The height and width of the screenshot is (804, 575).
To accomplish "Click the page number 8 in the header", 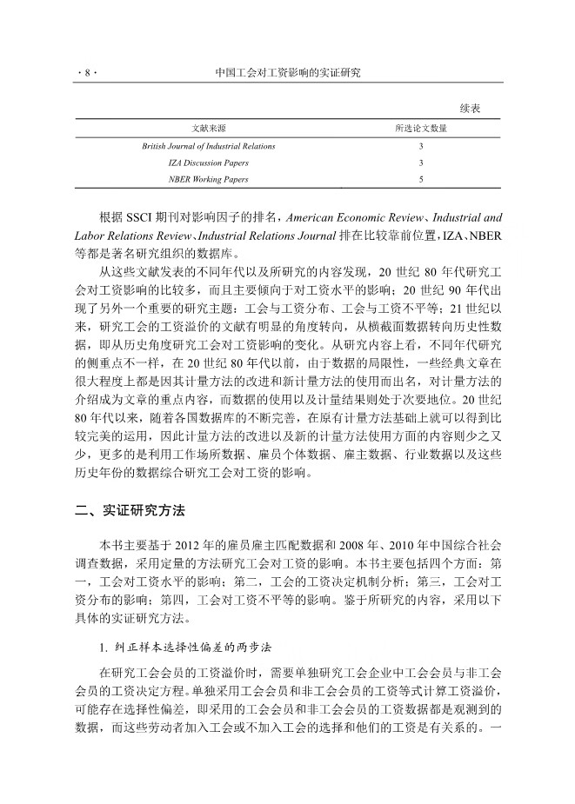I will [x=85, y=74].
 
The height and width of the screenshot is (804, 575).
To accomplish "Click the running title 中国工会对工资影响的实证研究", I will [x=287, y=74].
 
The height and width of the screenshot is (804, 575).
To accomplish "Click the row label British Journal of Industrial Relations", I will [x=209, y=146].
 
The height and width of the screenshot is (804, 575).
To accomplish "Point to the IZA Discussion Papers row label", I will [x=209, y=163].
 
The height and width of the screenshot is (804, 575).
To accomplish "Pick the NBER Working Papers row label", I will [x=209, y=179].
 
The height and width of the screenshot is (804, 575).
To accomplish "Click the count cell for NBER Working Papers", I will [x=421, y=179].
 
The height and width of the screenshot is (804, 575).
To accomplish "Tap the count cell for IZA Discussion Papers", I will [x=421, y=163].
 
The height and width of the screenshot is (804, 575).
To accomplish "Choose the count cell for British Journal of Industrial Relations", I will [x=421, y=146].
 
